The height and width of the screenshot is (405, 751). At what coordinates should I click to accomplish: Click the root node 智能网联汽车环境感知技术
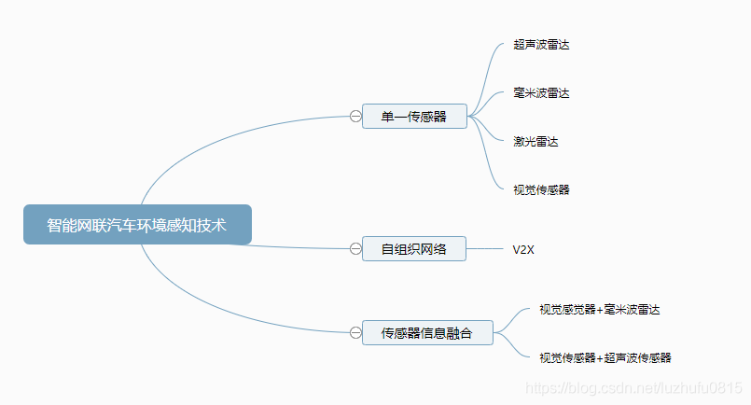[137, 225]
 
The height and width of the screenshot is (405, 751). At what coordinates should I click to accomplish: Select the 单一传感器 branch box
[414, 117]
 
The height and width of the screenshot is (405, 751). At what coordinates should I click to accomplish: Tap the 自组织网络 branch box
[414, 249]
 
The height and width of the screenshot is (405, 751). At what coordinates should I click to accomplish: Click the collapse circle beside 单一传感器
[355, 117]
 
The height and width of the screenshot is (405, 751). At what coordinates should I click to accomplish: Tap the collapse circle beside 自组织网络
[355, 249]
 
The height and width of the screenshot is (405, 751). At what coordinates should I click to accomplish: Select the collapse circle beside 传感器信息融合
[355, 332]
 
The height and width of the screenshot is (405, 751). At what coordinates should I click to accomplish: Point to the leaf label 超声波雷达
[541, 45]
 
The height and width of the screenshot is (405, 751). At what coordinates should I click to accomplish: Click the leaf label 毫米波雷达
[541, 93]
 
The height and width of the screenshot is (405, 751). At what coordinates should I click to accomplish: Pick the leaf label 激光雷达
[535, 141]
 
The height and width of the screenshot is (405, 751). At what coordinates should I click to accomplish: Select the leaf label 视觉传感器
[541, 189]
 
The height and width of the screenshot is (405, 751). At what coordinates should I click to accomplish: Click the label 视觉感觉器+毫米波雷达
[599, 309]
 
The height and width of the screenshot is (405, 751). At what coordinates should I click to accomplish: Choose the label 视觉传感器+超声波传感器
[605, 357]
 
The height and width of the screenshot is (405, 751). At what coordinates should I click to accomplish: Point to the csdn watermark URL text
[634, 386]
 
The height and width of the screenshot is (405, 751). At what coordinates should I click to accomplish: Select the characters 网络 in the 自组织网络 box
[433, 249]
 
